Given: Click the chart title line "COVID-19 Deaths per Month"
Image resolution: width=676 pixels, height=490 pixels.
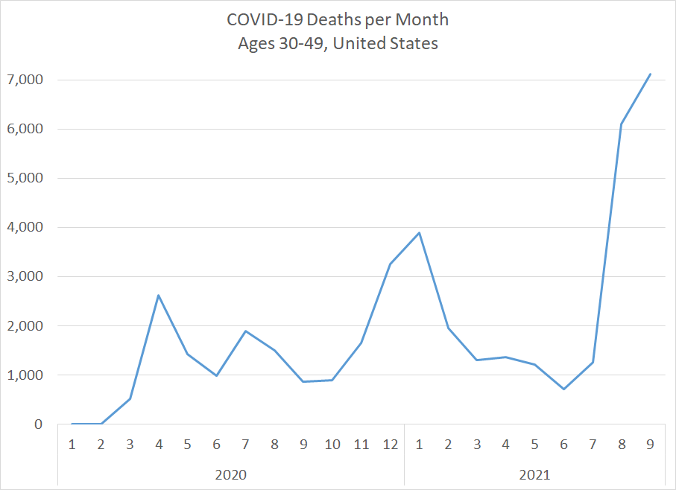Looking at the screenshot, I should pos(338,18).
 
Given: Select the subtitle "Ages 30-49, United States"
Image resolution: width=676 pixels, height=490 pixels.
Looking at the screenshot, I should pos(338,43).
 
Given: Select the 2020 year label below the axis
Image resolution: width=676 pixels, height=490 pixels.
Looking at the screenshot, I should pos(230,474).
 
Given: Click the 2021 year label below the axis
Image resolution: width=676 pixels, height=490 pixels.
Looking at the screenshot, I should pos(534,474).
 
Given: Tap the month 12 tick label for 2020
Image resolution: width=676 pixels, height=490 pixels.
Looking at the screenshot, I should pos(390,445).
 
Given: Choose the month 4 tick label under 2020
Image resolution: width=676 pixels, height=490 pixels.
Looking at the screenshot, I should pos(159,445).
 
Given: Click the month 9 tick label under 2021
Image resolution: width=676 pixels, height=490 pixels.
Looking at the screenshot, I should pos(650,445).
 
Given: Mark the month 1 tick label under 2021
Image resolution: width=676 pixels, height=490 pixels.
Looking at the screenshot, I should pos(419,445).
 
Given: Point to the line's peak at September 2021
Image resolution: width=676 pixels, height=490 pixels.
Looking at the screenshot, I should pos(650,74).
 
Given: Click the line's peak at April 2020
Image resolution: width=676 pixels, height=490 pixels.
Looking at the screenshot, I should pos(159,296).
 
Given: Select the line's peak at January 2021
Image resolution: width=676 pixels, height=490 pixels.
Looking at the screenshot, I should pos(419,232).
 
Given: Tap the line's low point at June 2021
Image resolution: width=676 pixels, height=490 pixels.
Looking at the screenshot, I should pos(563,389).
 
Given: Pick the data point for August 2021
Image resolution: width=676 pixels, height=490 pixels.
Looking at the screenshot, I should pos(622,124).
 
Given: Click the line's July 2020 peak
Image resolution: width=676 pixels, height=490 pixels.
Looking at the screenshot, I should pos(245,331).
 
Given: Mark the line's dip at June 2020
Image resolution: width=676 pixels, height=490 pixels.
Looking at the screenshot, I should pos(216,375).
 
